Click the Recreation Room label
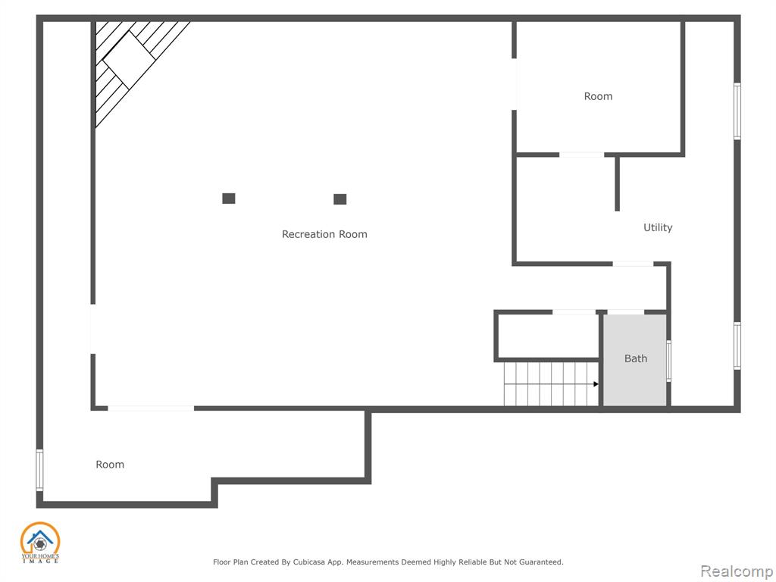pyautogui.click(x=324, y=234)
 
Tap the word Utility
pyautogui.click(x=658, y=227)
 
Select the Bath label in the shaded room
pyautogui.click(x=636, y=358)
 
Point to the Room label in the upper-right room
pyautogui.click(x=598, y=96)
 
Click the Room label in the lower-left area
pyautogui.click(x=110, y=465)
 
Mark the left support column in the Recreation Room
pyautogui.click(x=229, y=199)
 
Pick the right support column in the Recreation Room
pyautogui.click(x=340, y=199)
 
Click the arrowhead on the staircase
pyautogui.click(x=596, y=384)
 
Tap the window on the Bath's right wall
pyautogui.click(x=668, y=361)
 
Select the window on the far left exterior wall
pyautogui.click(x=39, y=470)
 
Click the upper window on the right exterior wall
pyautogui.click(x=737, y=111)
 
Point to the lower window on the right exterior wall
pyautogui.click(x=737, y=346)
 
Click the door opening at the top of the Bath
pyautogui.click(x=625, y=312)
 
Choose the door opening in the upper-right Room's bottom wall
pyautogui.click(x=581, y=155)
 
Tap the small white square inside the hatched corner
pyautogui.click(x=129, y=61)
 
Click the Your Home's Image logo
pyautogui.click(x=40, y=543)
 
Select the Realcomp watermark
pyautogui.click(x=737, y=571)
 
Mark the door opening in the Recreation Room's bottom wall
pyautogui.click(x=151, y=408)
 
